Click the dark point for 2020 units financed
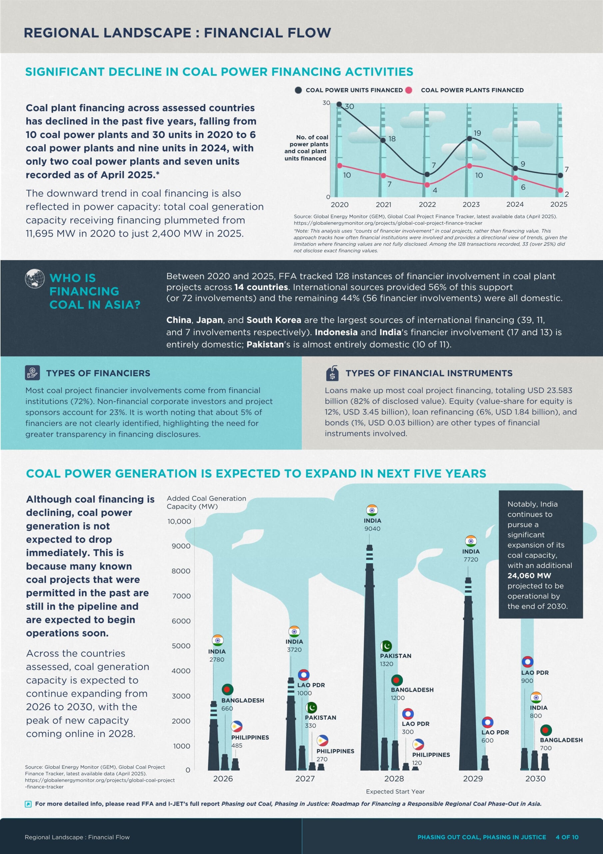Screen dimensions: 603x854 339,104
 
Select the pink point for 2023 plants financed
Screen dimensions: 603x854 469,166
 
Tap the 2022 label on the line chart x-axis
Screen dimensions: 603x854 427,204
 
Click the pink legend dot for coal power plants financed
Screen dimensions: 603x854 409,90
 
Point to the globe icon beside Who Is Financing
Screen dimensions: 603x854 35,279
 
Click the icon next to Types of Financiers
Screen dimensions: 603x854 32,373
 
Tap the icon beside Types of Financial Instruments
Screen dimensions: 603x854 332,373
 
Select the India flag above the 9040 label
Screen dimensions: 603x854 372,510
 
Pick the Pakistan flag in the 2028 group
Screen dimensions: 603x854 386,646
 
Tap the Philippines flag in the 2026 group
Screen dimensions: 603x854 237,727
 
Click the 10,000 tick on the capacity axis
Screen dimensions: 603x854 179,521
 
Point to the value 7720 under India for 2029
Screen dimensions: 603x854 471,559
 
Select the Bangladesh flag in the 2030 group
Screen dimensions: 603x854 546,730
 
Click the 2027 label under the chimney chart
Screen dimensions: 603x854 305,779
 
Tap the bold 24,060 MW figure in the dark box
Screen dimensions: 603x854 529,576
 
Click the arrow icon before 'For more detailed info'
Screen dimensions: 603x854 28,804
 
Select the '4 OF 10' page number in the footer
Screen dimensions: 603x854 567,837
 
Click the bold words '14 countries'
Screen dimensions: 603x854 261,287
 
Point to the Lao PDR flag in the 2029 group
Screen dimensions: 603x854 487,722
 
